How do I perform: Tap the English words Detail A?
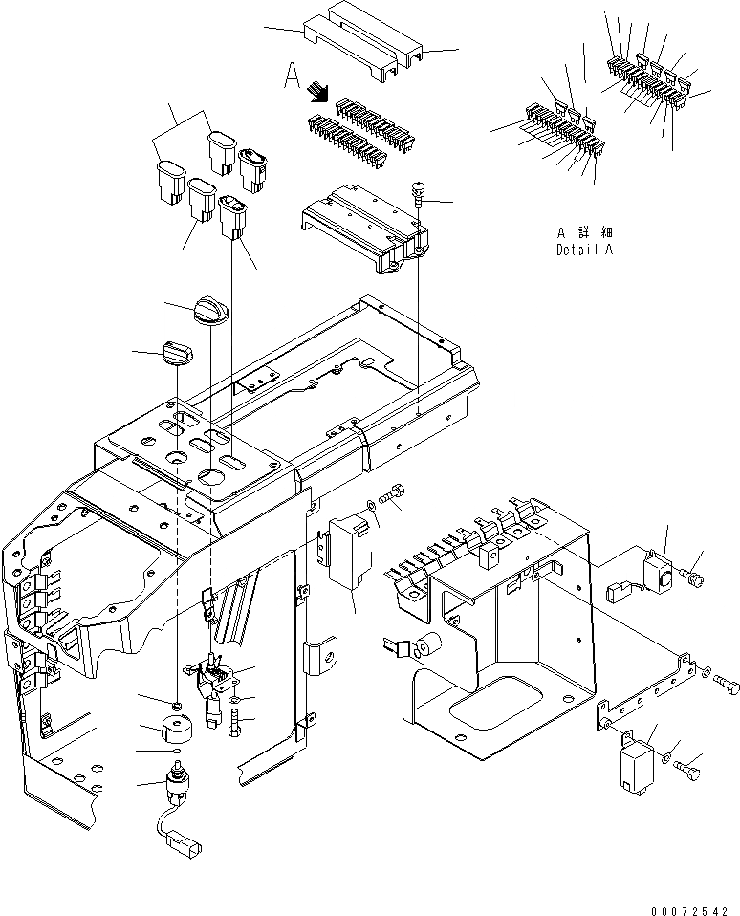[584, 250]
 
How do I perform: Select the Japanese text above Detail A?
[584, 232]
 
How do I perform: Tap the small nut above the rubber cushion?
[177, 707]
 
